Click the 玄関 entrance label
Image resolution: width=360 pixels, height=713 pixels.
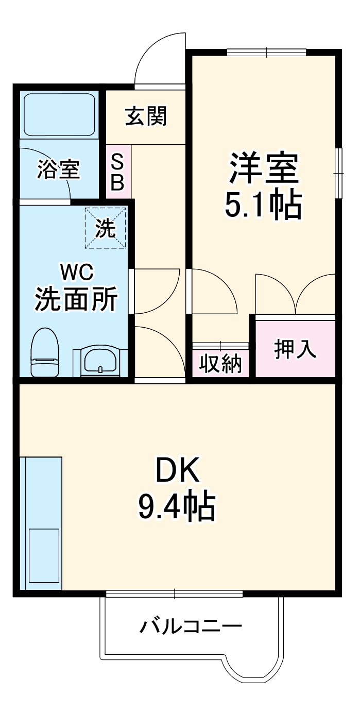coord(146,117)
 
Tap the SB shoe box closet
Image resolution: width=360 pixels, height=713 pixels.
coord(118,173)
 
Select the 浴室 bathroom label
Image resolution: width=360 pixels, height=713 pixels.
coord(59,169)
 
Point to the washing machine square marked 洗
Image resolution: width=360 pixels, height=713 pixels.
coord(106,227)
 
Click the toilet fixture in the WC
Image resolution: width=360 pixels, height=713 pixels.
coord(45,353)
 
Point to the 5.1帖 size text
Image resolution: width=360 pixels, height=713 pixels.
coord(263,205)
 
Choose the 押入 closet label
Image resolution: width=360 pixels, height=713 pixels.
coord(295,349)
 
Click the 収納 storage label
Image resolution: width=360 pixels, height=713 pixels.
coord(220,364)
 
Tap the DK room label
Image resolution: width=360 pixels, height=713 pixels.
coord(177,470)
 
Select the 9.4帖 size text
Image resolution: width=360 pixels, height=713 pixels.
coord(176,506)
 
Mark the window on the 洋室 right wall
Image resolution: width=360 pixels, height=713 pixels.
coord(339,173)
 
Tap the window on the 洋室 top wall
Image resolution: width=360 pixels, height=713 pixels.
coord(266,52)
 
